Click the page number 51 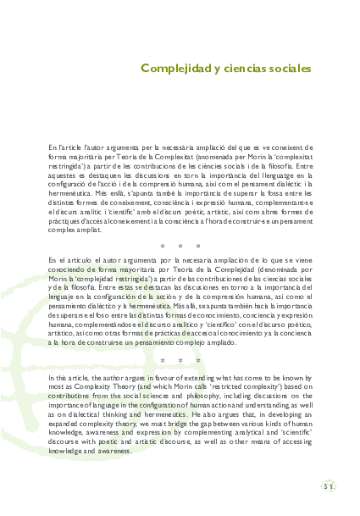coord(328,487)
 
